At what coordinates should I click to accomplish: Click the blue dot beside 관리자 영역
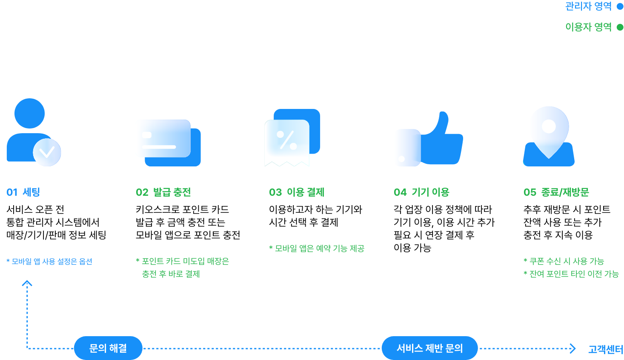(620, 6)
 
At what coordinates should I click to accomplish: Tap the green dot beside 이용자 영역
(620, 27)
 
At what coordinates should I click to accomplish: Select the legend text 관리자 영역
(588, 6)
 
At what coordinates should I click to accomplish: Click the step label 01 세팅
(23, 192)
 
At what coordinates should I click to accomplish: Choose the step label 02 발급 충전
(163, 192)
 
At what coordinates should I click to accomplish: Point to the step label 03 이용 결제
(297, 192)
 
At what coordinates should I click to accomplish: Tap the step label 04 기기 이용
(421, 192)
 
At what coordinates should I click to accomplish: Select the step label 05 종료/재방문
(556, 192)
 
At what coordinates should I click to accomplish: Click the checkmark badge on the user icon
(47, 152)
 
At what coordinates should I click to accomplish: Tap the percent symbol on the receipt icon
(286, 140)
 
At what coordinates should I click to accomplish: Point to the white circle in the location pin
(549, 126)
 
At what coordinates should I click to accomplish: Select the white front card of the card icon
(163, 138)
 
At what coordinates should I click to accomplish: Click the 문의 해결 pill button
(108, 348)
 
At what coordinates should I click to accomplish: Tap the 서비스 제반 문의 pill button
(429, 348)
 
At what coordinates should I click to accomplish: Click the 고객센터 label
(605, 349)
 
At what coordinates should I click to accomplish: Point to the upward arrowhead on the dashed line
(27, 283)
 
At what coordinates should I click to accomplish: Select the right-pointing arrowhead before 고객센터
(573, 349)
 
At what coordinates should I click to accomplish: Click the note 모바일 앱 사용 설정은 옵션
(49, 261)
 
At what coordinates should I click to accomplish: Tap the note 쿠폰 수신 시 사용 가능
(564, 261)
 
